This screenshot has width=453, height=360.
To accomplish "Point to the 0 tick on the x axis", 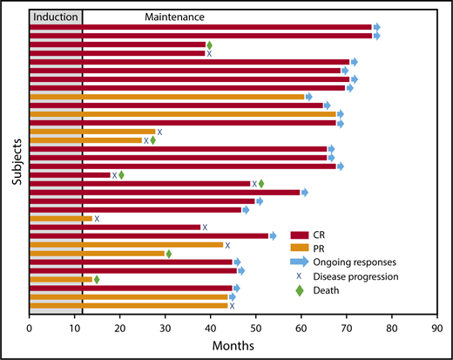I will pos(30,329).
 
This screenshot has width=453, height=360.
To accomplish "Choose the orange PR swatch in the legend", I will pos(302,249).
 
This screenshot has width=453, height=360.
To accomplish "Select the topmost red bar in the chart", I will pos(200,27).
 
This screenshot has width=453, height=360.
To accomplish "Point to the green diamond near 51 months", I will pos(261,184).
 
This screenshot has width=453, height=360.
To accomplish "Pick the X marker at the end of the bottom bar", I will pos(232,306).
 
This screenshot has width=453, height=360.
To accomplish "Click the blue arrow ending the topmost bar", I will pos(376,27).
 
